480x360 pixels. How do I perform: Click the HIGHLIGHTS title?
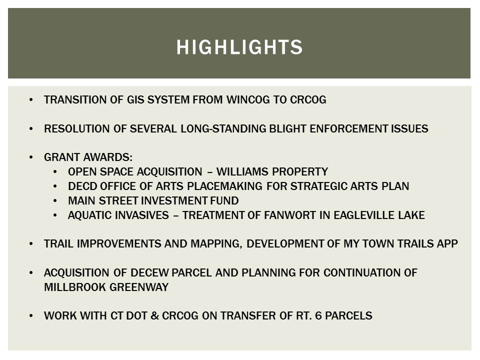pos(239,47)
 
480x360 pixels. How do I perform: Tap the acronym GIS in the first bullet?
pos(132,100)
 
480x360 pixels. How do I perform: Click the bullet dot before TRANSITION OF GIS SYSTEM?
pos(32,100)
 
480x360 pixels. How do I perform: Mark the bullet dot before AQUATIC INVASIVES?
pos(55,215)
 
